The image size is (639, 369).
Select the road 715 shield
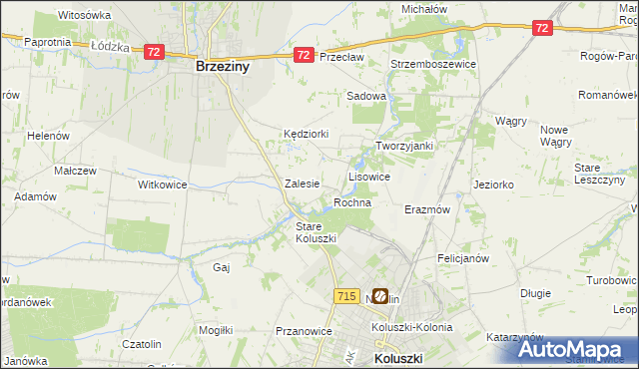346,296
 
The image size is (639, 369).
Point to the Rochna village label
352,202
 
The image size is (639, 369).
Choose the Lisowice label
368,176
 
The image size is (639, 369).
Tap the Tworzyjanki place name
403,146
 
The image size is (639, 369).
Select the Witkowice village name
163,184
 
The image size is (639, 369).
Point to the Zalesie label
302,184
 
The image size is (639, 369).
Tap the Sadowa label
365,96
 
